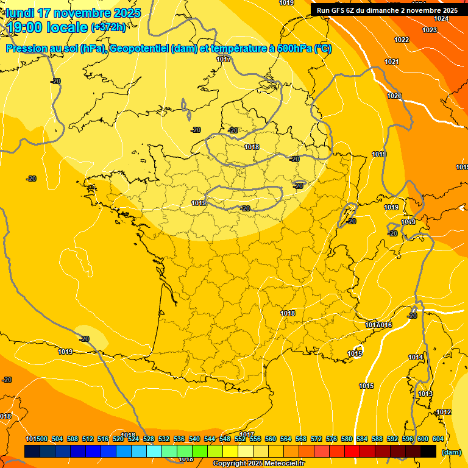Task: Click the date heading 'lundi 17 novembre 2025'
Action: [x=73, y=13]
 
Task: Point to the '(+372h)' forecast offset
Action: [x=108, y=27]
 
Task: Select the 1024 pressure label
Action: [x=441, y=18]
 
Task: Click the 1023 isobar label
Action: [x=430, y=30]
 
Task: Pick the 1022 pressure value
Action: [x=402, y=40]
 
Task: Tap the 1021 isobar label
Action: [x=392, y=62]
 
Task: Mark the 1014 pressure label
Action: [x=416, y=357]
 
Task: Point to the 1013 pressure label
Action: [x=425, y=394]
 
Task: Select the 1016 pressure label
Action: [x=386, y=325]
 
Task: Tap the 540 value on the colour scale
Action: [x=194, y=439]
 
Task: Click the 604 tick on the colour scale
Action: [x=438, y=439]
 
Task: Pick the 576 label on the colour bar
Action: [x=331, y=439]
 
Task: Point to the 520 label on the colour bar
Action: [x=118, y=439]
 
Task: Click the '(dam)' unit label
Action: [x=451, y=452]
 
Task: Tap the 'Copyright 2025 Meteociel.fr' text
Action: [x=258, y=464]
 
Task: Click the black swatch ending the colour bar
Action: [x=428, y=451]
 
